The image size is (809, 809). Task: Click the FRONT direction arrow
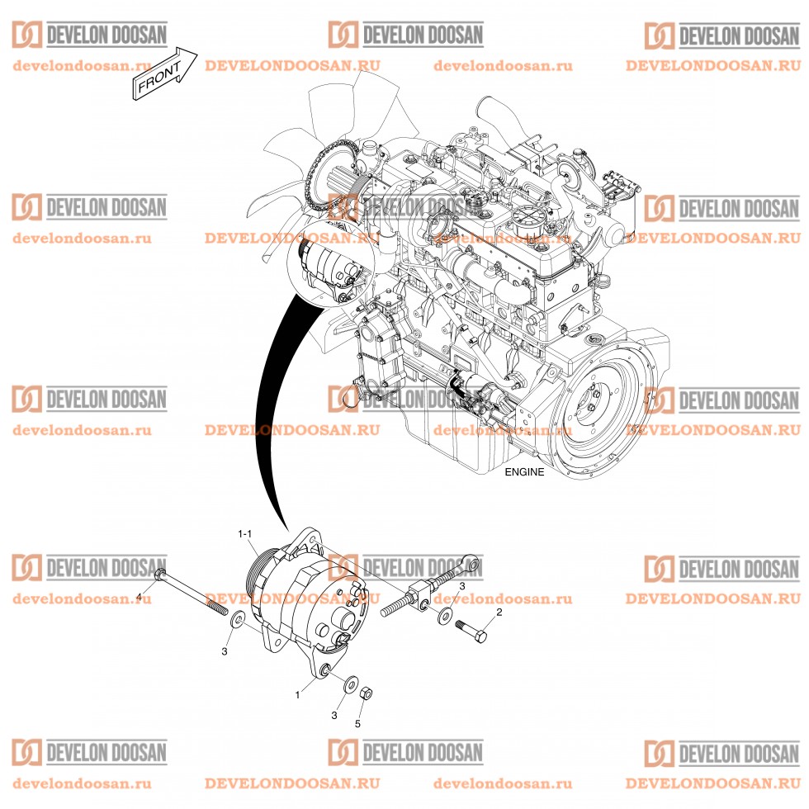[x=164, y=73]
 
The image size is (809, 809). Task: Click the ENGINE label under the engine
[x=524, y=472]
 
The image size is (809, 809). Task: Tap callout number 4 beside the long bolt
[x=139, y=596]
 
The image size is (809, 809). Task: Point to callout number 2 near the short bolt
[x=498, y=613]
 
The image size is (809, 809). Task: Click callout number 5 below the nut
[x=357, y=724]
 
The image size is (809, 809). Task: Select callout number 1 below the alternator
[x=298, y=695]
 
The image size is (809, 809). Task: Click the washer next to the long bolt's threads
[x=237, y=618]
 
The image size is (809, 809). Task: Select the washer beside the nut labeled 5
[x=350, y=684]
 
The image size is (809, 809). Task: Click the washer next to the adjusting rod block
[x=444, y=615]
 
